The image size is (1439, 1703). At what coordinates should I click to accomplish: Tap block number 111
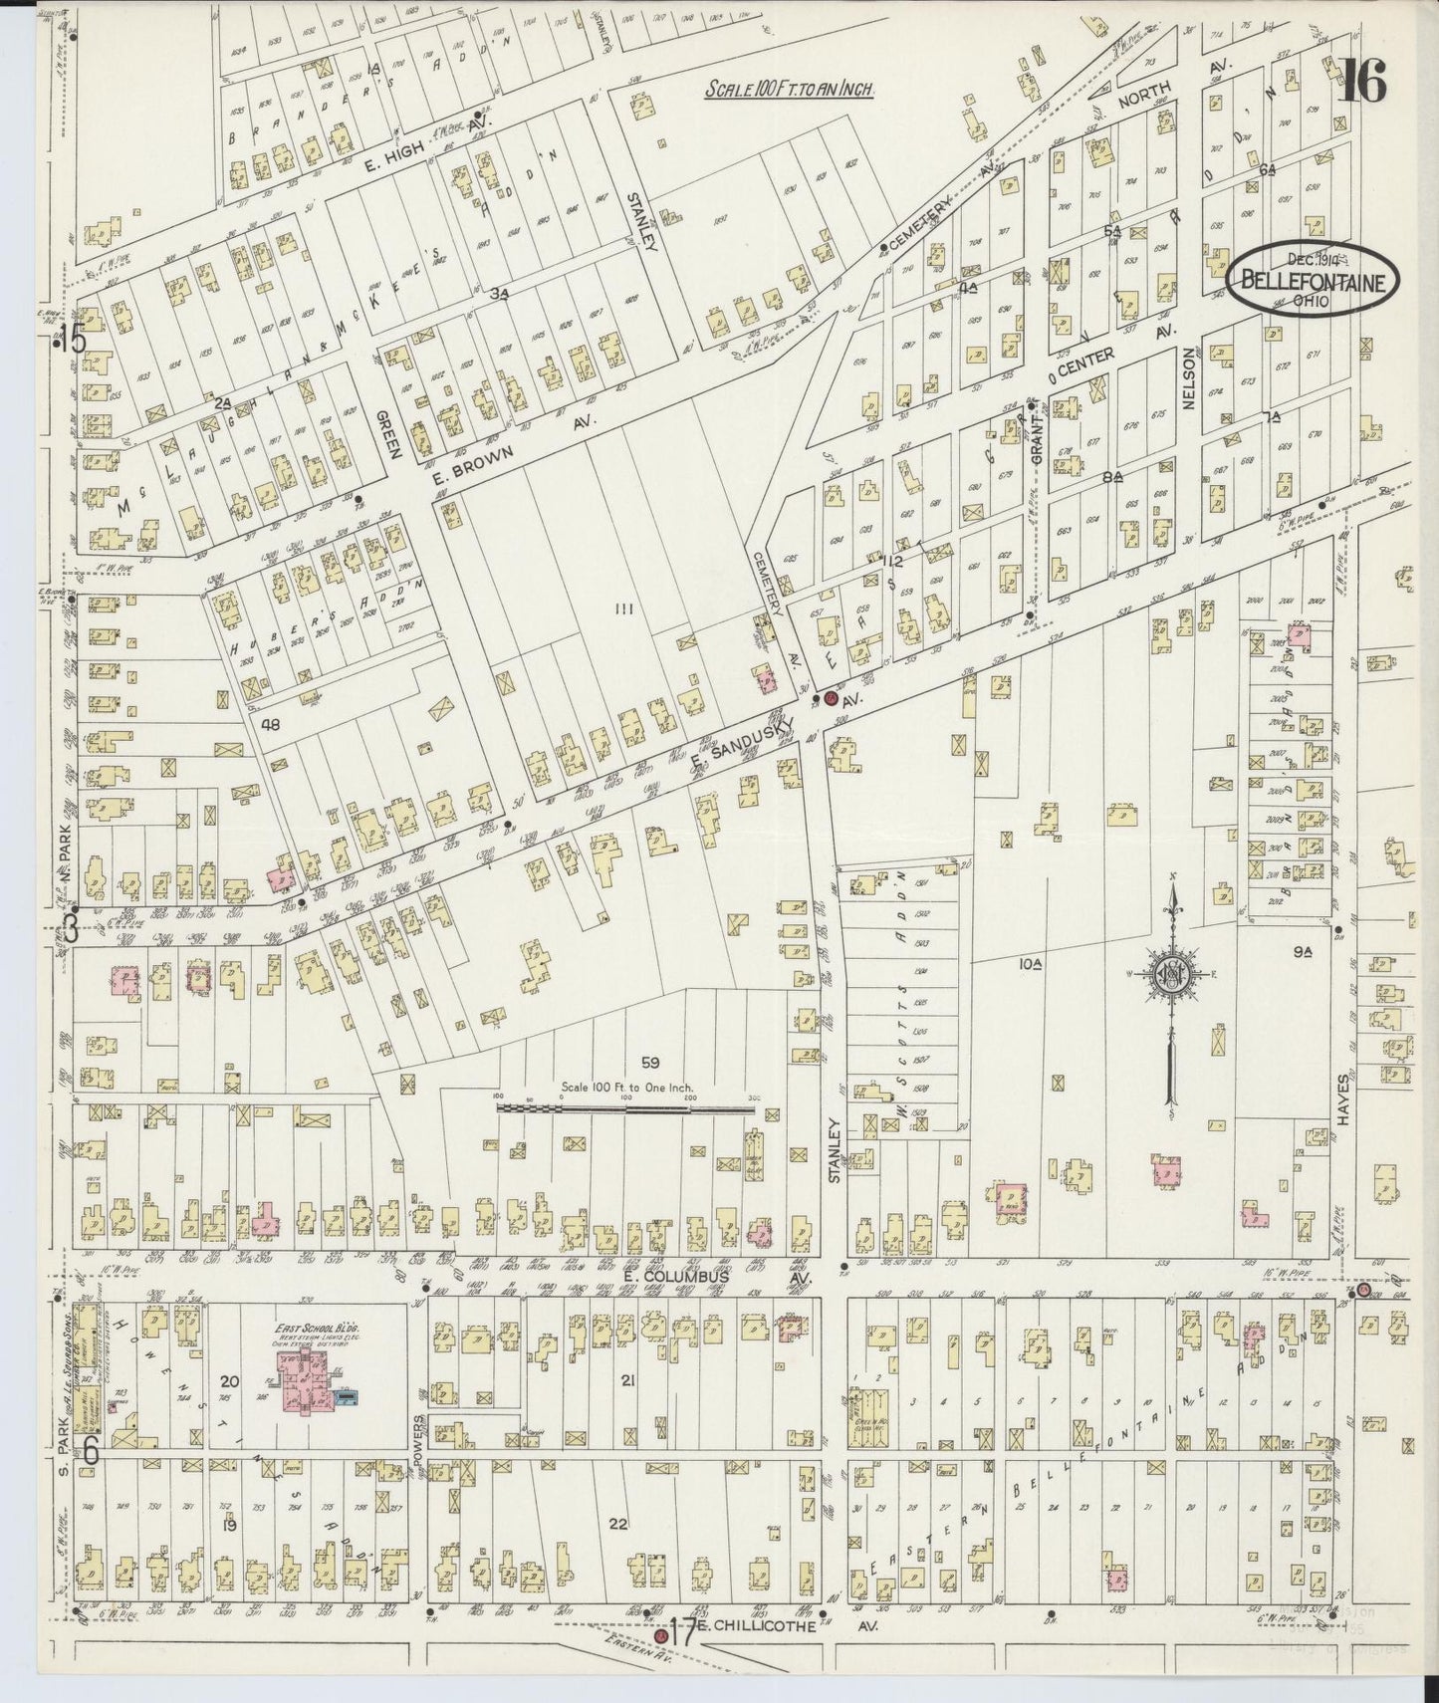coord(624,608)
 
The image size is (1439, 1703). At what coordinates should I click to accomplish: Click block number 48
coord(270,725)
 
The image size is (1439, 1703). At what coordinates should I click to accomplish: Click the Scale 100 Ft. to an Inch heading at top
coord(790,89)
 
